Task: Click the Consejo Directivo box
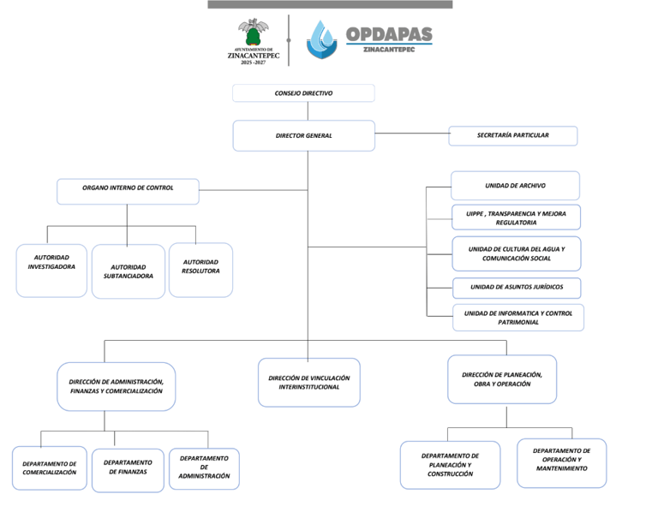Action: tap(303, 93)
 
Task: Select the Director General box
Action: tap(304, 136)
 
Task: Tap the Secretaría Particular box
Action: tap(513, 136)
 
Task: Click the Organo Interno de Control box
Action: tap(128, 192)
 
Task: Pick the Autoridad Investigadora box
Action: tap(51, 271)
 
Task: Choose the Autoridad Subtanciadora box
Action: tap(129, 271)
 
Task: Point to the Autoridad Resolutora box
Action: tap(200, 270)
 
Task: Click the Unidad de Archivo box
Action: tap(515, 185)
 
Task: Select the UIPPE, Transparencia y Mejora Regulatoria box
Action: tap(516, 217)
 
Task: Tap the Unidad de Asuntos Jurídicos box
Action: tap(517, 288)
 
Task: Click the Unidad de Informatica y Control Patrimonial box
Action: tap(518, 318)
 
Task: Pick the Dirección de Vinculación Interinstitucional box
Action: tap(309, 383)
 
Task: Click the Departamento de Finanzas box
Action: tap(128, 470)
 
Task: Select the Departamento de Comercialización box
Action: tap(50, 468)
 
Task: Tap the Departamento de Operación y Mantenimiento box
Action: tap(562, 463)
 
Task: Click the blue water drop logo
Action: tap(322, 39)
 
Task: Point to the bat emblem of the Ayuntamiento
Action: tap(254, 32)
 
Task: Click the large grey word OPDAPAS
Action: tap(389, 34)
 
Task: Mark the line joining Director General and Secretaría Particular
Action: tap(411, 134)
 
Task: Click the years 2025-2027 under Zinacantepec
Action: tap(253, 63)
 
